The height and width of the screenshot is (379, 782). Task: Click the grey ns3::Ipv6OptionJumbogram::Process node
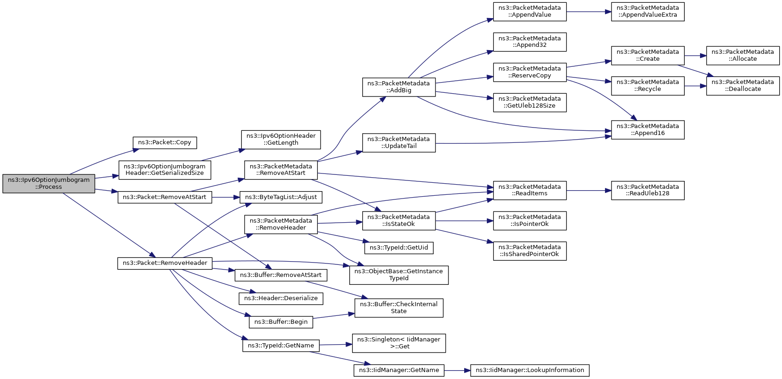(x=49, y=184)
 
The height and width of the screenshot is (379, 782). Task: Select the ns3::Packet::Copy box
(x=165, y=143)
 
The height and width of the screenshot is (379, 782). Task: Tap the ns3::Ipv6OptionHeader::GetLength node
(x=281, y=140)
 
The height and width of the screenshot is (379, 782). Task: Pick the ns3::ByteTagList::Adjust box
(x=281, y=197)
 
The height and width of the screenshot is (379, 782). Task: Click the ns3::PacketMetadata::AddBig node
(x=399, y=87)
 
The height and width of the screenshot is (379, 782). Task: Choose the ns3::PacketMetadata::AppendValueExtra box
(x=648, y=12)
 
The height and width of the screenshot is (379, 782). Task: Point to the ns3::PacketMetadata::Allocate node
(x=743, y=56)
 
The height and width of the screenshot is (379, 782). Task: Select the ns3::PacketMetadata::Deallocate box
(x=743, y=86)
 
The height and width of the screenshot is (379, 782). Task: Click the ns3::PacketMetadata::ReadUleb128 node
(x=648, y=190)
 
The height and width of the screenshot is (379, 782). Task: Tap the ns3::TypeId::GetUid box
(x=399, y=248)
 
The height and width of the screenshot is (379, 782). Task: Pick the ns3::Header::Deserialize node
(x=281, y=299)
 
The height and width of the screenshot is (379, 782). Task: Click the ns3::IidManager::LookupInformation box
(x=530, y=370)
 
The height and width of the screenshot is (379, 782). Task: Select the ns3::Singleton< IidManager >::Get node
(x=399, y=343)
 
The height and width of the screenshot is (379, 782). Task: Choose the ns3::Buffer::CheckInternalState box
(x=399, y=308)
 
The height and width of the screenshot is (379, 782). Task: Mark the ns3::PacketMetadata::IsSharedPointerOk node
(x=530, y=251)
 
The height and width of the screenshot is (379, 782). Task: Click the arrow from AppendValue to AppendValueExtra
(x=589, y=12)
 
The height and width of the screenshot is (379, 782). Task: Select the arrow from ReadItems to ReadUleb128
(x=589, y=191)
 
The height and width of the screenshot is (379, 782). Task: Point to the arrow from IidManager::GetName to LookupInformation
(x=457, y=370)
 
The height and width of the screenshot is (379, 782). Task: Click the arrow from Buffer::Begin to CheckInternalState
(x=334, y=316)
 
